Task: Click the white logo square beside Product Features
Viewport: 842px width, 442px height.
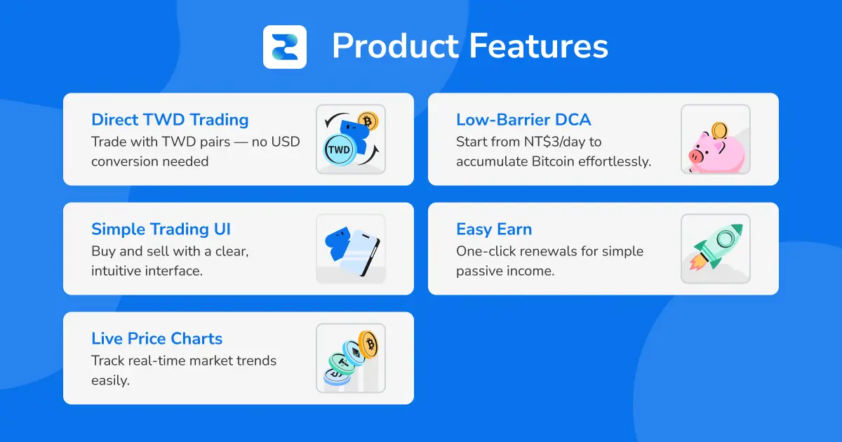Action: click(284, 47)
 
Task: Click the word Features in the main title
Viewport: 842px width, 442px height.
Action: click(539, 47)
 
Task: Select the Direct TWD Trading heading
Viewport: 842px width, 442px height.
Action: click(170, 120)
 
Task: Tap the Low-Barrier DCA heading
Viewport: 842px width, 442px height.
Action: click(523, 120)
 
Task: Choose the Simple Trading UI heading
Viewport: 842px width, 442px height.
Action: click(161, 229)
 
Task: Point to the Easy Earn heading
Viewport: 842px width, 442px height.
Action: click(494, 229)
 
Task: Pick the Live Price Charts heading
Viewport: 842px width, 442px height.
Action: click(156, 339)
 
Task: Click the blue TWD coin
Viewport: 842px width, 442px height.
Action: click(339, 150)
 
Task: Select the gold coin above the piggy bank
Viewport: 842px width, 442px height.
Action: click(719, 130)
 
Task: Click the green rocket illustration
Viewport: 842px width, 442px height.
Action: click(717, 247)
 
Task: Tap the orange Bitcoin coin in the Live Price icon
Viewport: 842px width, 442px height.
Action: click(367, 344)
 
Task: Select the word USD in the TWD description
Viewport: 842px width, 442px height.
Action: click(286, 142)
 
